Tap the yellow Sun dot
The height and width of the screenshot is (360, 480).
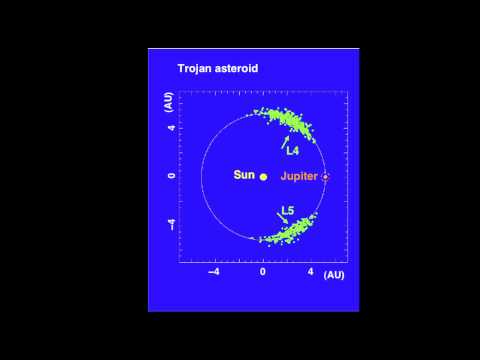(x=263, y=176)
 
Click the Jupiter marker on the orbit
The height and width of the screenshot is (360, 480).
(x=325, y=176)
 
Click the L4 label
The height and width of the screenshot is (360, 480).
(x=292, y=151)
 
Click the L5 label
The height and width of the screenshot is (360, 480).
(x=287, y=210)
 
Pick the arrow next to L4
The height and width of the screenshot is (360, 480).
(x=285, y=141)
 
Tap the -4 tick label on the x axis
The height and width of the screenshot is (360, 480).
(x=212, y=272)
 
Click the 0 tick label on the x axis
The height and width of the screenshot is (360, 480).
(x=263, y=272)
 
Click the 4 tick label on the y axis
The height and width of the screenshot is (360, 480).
(x=172, y=128)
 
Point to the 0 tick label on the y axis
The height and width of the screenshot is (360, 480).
(x=172, y=176)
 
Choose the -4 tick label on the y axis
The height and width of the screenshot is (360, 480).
(x=172, y=224)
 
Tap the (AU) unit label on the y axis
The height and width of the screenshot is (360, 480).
(x=171, y=103)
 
